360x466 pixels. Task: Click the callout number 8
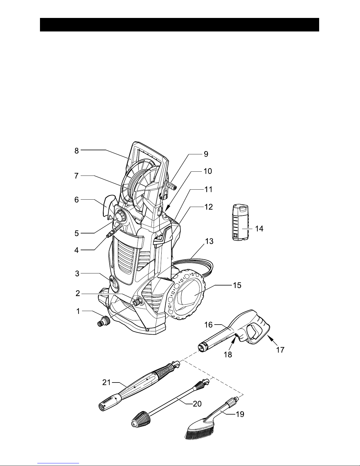pyautogui.click(x=76, y=151)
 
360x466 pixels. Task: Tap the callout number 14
pyautogui.click(x=259, y=229)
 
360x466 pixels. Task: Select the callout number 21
pyautogui.click(x=106, y=383)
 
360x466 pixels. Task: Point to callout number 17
pyautogui.click(x=280, y=350)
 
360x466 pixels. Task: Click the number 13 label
pyautogui.click(x=209, y=241)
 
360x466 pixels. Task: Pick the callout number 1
pyautogui.click(x=78, y=311)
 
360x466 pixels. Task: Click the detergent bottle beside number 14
pyautogui.click(x=240, y=222)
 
